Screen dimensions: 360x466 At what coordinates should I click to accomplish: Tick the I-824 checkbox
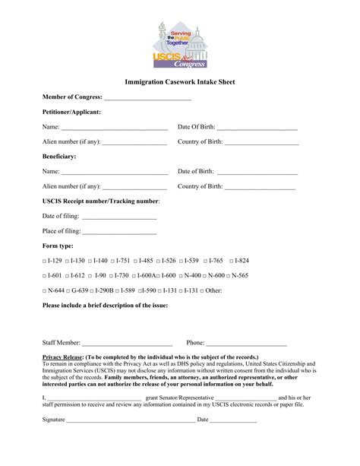tap(230, 261)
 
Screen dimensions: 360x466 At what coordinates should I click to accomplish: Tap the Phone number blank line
tap(246, 344)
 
